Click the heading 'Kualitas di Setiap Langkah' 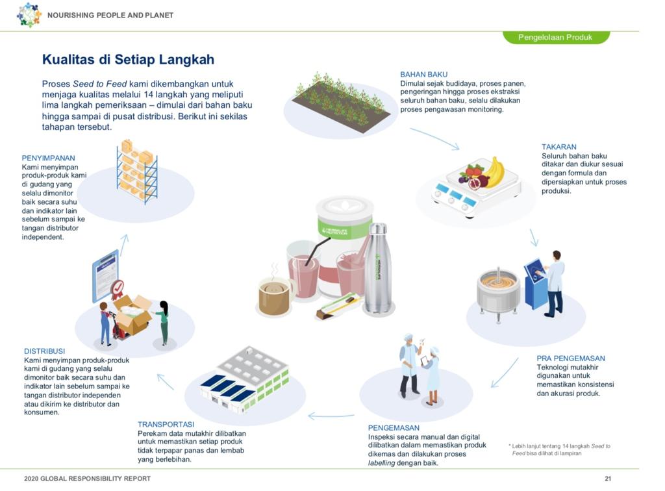128,60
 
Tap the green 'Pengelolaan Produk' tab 555,37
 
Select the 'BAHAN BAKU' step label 423,75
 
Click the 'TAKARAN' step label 558,147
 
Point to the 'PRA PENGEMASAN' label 570,358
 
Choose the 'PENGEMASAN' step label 394,428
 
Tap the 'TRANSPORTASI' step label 166,425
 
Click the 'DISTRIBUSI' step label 45,351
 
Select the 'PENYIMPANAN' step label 49,158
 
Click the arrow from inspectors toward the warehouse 331,415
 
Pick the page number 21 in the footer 608,479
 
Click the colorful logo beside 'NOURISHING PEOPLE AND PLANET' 29,14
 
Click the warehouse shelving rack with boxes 137,170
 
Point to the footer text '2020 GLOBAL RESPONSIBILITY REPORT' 87,479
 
